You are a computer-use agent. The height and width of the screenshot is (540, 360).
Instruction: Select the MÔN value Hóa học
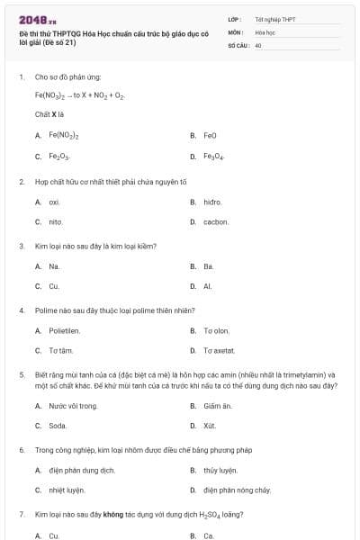point(265,31)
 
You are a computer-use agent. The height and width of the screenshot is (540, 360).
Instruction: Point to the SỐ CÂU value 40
point(258,44)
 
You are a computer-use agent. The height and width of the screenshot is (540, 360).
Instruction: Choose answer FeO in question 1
point(210,135)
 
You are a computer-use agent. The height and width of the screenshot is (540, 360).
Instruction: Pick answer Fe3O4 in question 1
point(213,157)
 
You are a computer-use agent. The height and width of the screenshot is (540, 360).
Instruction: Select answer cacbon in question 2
point(216,221)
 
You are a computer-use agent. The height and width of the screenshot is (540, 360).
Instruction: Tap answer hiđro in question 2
point(212,202)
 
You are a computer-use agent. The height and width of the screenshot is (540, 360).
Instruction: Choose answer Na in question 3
point(54,266)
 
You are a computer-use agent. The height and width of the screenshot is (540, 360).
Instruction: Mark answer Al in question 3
point(207,286)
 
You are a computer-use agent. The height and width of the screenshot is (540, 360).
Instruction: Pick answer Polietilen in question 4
point(65,330)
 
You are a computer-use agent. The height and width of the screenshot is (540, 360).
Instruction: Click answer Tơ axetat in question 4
point(219,350)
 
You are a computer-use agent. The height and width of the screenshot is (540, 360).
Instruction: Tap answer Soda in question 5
point(58,426)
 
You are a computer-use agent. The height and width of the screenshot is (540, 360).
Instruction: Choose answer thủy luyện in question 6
point(220,470)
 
